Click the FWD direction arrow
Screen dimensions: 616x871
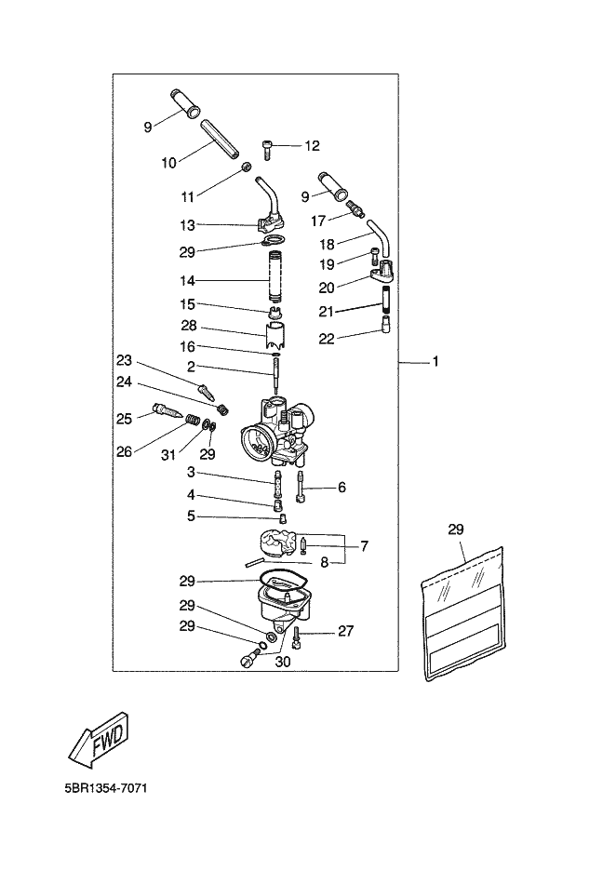(x=104, y=737)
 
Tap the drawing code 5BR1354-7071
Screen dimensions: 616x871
(x=105, y=788)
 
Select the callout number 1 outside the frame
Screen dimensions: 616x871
(x=435, y=362)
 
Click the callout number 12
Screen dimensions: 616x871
(x=312, y=145)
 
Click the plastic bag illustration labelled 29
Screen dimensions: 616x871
(x=464, y=613)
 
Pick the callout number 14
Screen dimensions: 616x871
(x=187, y=281)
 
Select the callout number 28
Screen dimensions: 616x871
(x=190, y=326)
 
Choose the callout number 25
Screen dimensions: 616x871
(x=125, y=418)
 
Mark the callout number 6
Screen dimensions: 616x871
(x=341, y=488)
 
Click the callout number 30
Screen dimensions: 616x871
(x=283, y=662)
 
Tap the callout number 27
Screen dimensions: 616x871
(x=345, y=631)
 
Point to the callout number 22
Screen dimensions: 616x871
(x=327, y=339)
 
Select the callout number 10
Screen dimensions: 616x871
(x=168, y=163)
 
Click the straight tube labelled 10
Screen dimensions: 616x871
(x=220, y=139)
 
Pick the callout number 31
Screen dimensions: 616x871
(x=168, y=455)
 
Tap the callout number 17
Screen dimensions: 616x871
(x=317, y=221)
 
